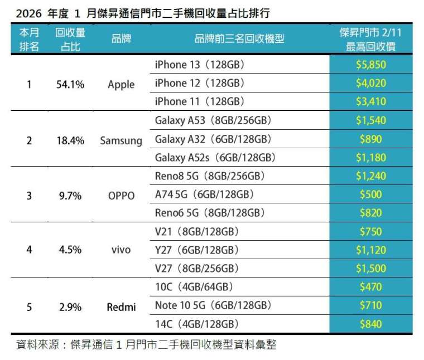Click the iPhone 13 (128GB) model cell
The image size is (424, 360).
pyautogui.click(x=200, y=65)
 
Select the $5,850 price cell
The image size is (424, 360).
pyautogui.click(x=370, y=65)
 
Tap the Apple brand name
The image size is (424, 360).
pyautogui.click(x=121, y=84)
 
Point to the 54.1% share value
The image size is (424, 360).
pyautogui.click(x=70, y=85)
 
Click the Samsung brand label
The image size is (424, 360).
pyautogui.click(x=121, y=140)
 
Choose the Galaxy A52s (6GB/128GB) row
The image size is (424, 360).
pyautogui.click(x=216, y=158)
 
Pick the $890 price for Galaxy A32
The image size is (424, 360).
pyautogui.click(x=370, y=139)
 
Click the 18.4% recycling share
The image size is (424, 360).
pyautogui.click(x=70, y=140)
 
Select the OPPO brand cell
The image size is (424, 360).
pyautogui.click(x=121, y=196)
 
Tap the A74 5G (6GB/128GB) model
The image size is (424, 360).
pyautogui.click(x=204, y=194)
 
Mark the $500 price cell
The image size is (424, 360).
pyautogui.click(x=370, y=194)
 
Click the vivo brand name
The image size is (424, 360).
pyautogui.click(x=121, y=250)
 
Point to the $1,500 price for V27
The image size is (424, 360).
pyautogui.click(x=370, y=268)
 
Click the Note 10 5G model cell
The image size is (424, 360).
pyautogui.click(x=213, y=305)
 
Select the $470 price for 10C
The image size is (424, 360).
pyautogui.click(x=370, y=287)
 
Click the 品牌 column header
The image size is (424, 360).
pyautogui.click(x=121, y=38)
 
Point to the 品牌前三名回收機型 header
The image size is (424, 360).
pyautogui.click(x=239, y=38)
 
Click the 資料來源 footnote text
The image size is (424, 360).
pyautogui.click(x=146, y=345)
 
